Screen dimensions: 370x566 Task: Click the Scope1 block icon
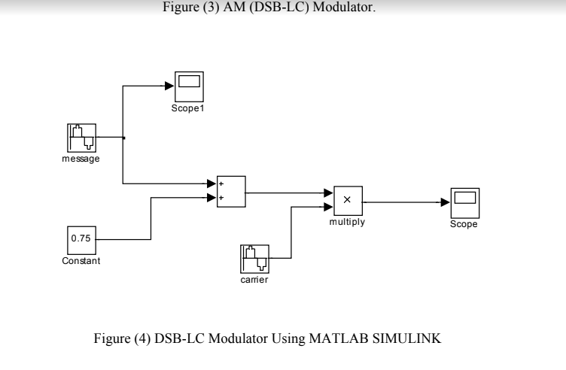[x=189, y=86]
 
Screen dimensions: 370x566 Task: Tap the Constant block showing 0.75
[x=80, y=238]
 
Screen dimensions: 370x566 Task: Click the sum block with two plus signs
[x=230, y=191]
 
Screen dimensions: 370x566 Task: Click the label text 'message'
[x=81, y=159]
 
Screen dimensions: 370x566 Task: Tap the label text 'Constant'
[x=80, y=260]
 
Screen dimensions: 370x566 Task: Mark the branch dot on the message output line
[x=123, y=138]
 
